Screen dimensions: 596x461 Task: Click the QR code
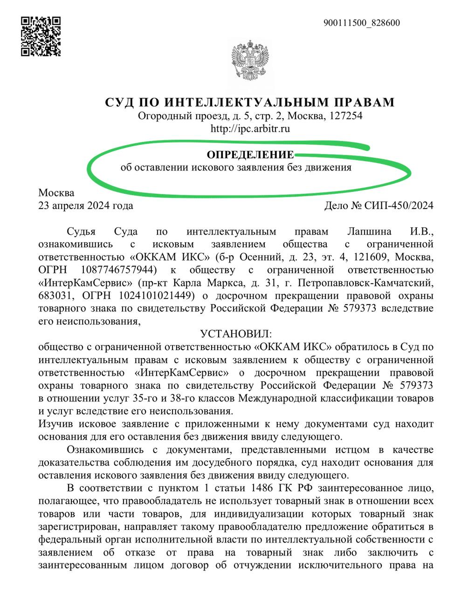(x=41, y=36)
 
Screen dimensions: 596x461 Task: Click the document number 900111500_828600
(x=361, y=23)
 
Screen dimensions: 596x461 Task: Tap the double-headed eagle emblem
(x=251, y=62)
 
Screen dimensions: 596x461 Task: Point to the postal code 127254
(x=345, y=116)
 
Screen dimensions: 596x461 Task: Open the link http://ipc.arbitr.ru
(x=250, y=129)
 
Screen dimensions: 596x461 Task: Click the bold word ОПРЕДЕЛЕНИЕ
(x=250, y=155)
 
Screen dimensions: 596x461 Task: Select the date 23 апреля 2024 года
(x=86, y=205)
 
